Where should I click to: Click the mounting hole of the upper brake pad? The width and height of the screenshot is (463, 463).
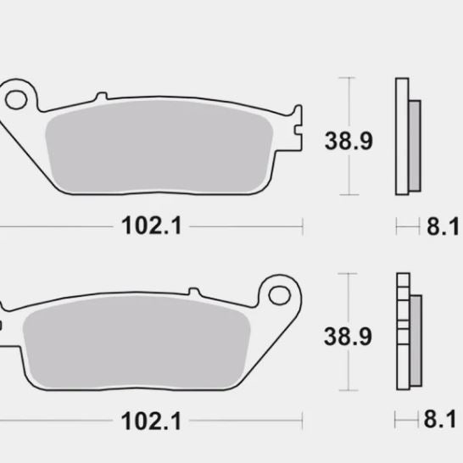click(x=16, y=97)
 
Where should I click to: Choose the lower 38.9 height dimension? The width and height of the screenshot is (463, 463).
click(x=348, y=336)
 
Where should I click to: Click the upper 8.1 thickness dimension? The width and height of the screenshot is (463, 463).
click(x=442, y=227)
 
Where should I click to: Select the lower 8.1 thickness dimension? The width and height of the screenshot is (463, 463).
click(x=442, y=421)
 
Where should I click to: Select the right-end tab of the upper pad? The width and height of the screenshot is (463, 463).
click(x=296, y=127)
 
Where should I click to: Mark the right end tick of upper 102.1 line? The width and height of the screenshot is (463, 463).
click(x=303, y=226)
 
